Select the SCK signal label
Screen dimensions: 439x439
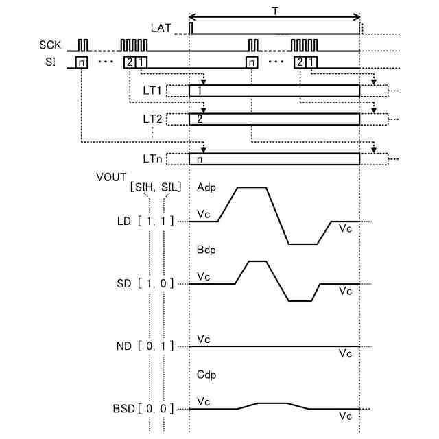coord(50,45)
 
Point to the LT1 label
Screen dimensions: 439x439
coord(152,91)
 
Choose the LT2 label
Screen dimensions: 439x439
coord(152,118)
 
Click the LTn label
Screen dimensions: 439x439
coord(152,159)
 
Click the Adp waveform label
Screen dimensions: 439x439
coord(205,187)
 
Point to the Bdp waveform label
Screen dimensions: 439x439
coord(206,250)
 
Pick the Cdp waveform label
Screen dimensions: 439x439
coord(206,375)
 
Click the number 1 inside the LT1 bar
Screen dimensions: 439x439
coord(199,91)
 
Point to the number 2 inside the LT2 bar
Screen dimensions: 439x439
coord(199,118)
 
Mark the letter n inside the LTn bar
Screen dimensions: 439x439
coord(199,159)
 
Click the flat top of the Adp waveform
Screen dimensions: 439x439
coord(252,187)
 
